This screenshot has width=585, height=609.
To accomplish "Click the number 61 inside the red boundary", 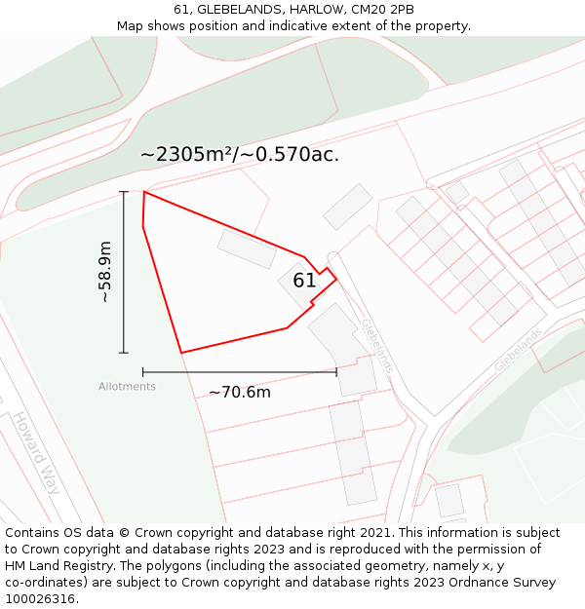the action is click(304, 281).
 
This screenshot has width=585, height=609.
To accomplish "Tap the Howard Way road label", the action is click(36, 452).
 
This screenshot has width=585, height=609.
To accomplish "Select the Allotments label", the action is click(127, 387).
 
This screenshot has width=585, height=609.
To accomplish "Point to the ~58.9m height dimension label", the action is click(105, 273).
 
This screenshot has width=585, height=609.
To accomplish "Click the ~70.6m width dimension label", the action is click(240, 393).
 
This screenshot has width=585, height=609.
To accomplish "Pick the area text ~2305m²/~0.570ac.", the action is click(240, 154).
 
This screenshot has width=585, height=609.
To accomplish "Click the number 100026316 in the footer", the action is click(40, 599).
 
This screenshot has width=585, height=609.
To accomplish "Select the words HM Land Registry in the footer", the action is click(59, 566).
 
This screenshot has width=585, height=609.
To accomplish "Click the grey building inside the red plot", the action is click(247, 248).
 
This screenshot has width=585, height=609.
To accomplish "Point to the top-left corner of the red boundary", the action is click(144, 192).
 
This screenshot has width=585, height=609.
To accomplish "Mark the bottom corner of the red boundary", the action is click(181, 352).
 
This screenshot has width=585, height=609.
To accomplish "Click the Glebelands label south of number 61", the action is click(377, 345).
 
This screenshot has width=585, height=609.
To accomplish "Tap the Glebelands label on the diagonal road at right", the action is click(518, 349).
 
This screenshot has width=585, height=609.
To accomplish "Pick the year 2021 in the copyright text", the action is click(377, 533).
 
